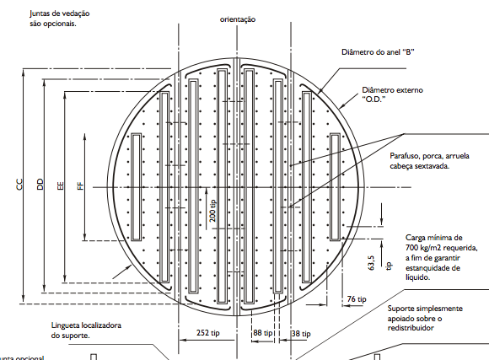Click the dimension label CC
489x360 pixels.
click(19, 185)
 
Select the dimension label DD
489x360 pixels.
click(40, 185)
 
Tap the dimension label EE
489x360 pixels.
click(61, 185)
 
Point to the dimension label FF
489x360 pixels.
click(80, 186)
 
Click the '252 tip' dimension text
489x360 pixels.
click(207, 333)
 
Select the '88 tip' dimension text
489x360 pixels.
click(263, 333)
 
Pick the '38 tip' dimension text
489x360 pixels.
click(301, 334)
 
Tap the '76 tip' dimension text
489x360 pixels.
click(357, 299)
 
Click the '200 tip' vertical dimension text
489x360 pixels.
click(212, 211)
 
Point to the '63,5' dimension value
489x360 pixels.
click(371, 263)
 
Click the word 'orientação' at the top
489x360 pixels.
click(238, 19)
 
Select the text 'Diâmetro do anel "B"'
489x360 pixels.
click(378, 52)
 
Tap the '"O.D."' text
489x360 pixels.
click(373, 99)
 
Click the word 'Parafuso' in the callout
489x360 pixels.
click(405, 156)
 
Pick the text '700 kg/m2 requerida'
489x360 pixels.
click(442, 248)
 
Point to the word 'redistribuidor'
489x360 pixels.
click(411, 328)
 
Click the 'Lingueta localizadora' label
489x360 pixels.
click(86, 325)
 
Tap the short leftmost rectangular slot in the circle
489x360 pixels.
click(136, 187)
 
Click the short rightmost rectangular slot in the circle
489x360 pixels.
click(336, 187)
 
